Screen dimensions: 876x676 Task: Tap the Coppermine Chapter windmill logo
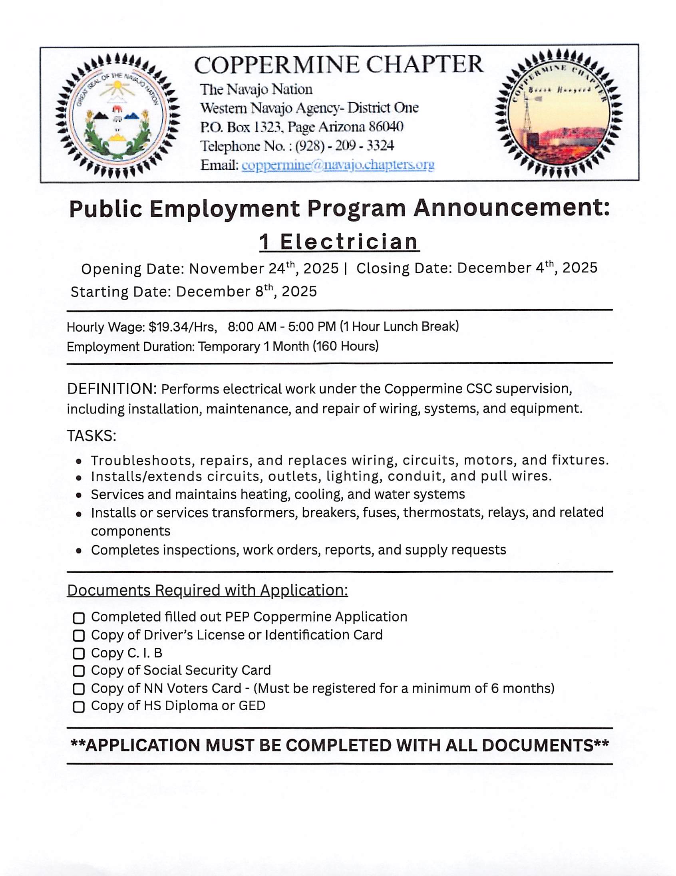[559, 113]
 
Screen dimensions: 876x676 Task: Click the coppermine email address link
[338, 165]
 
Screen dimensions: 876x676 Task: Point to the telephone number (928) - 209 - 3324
[345, 145]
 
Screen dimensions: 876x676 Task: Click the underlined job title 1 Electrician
[339, 242]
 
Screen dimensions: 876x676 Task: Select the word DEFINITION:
[112, 389]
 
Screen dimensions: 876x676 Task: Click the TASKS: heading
[91, 435]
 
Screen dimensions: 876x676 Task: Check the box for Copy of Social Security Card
[79, 671]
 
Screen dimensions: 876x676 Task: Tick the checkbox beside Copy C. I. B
[79, 654]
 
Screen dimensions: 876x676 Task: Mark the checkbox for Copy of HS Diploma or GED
[79, 706]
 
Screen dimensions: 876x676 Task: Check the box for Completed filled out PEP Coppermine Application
[79, 618]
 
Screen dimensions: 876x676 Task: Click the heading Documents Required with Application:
[207, 590]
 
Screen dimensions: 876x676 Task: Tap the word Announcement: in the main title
[511, 209]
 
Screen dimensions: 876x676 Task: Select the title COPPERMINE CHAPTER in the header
[339, 65]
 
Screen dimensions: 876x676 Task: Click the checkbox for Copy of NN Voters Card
[79, 689]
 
